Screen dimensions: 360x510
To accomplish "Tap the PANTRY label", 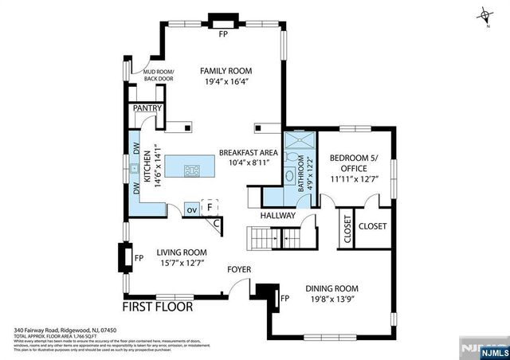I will (147, 108).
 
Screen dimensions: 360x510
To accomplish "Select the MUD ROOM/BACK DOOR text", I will (158, 75).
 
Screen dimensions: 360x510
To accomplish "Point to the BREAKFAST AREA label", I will (248, 152).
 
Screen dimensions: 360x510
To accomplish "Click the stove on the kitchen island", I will (192, 170).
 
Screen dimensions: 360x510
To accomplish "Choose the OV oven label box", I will (191, 209).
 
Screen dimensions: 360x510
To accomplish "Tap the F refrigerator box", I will (209, 207).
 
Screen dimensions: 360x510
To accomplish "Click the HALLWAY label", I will (278, 215).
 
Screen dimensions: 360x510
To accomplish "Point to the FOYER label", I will (240, 269).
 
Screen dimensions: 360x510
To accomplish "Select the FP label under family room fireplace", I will (224, 34).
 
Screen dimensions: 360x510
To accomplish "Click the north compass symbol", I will (485, 16).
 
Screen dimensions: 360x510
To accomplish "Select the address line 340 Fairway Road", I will (66, 329).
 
